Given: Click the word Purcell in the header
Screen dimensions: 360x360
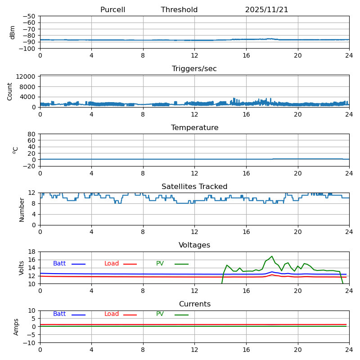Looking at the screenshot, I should pos(112,10).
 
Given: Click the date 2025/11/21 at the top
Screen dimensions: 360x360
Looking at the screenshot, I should pos(266,10).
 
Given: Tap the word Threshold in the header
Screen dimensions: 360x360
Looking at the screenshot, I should pos(179,10).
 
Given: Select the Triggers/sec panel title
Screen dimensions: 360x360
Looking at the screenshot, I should pos(194,69).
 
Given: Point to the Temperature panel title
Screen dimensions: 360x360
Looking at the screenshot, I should pos(194,128).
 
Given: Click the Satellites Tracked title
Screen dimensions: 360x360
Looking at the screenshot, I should pos(194,187).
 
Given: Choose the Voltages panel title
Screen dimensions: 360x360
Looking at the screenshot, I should pos(194,245).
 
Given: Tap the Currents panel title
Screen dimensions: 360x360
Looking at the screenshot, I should pos(194,304).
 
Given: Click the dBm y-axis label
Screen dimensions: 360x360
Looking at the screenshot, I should pos(13,32).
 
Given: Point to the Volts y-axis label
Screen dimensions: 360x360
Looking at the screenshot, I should pos(22,268).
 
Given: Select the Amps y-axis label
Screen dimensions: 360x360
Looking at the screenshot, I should pos(16,327).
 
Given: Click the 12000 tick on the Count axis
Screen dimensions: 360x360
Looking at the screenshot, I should pos(27,77).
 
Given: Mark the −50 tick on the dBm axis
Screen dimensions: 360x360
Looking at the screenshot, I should pos(29,16).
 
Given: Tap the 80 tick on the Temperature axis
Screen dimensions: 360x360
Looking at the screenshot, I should pos(32,134).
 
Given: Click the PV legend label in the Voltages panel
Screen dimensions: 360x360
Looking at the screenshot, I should pos(160,264).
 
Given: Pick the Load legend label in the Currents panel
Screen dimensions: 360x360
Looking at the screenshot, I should pos(112,314).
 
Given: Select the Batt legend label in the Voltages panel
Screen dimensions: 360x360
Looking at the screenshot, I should pos(59,264).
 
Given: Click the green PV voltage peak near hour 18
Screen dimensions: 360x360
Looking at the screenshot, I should pos(272,256).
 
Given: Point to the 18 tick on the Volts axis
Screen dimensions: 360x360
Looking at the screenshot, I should pos(32,252).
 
